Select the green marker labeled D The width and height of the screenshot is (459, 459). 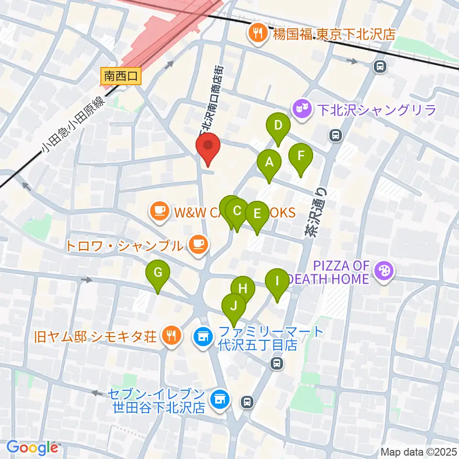[x=278, y=126]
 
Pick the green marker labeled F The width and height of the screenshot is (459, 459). [x=301, y=156]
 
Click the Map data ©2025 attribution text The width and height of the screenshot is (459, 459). [x=418, y=451]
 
